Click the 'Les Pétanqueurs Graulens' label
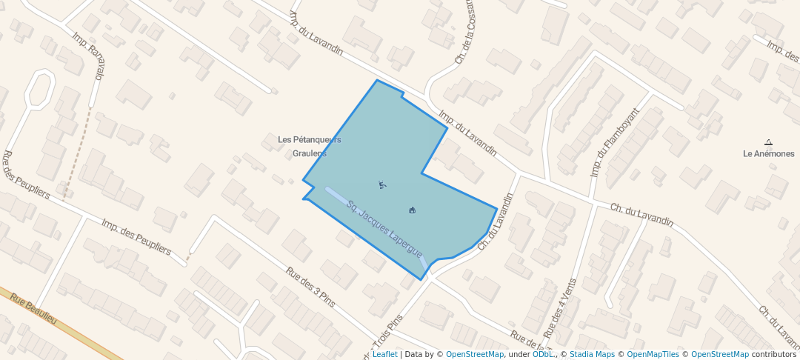[309, 146]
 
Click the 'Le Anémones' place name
[768, 154]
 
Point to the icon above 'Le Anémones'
[768, 142]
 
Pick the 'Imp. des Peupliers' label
[136, 237]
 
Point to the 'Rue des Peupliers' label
[26, 176]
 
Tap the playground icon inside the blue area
[381, 184]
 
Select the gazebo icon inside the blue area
[412, 210]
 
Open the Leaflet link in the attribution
[384, 354]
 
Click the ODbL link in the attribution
[543, 354]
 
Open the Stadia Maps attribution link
[592, 354]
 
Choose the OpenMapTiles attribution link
[653, 354]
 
